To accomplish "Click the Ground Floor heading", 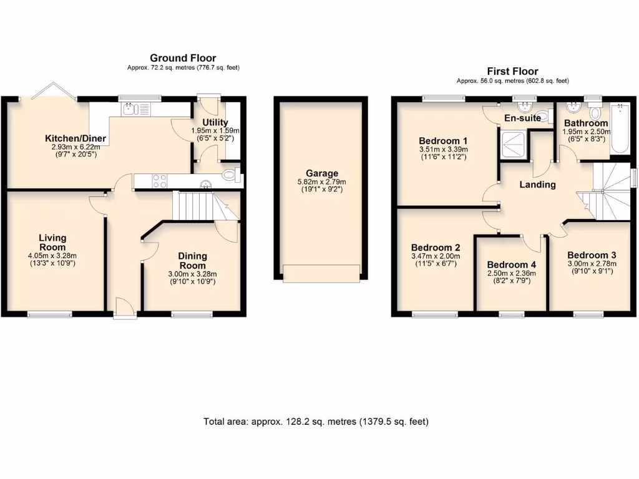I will pos(183,58).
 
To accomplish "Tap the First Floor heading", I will pos(512,71).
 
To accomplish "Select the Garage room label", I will pos(321,173).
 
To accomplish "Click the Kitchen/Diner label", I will pos(75,138).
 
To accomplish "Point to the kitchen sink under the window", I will pos(130,110).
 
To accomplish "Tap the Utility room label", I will pos(215,122).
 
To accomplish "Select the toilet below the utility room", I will pos(230,175).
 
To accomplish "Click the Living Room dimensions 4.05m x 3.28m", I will pos(52,255).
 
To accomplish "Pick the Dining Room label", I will pos(192,261).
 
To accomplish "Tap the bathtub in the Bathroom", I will pos(619,130).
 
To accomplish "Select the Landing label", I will pos(537,185).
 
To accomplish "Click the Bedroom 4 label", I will pos(511,264).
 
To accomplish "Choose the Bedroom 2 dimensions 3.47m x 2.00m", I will pos(436,256).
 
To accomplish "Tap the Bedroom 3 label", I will pos(592,255).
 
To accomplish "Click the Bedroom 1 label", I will pos(443,140).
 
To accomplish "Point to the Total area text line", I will pos(316,422).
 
